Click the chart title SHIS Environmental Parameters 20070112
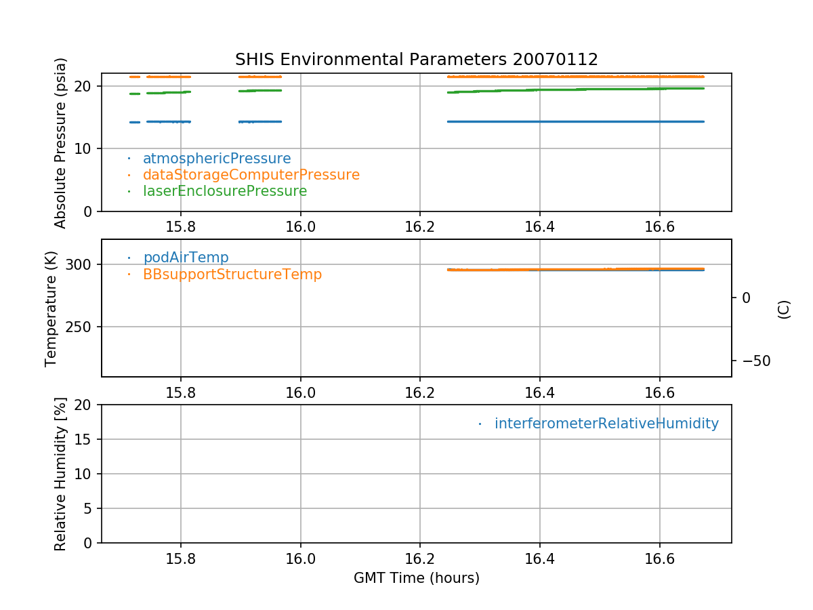click(416, 60)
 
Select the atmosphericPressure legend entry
click(216, 159)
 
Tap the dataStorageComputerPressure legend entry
click(251, 175)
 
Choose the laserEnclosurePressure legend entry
click(224, 191)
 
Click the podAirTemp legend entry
click(186, 258)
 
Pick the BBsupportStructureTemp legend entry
click(232, 274)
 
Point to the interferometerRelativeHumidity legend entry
click(606, 424)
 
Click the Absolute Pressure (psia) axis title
click(61, 143)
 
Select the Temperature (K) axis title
click(51, 308)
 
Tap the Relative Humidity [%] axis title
click(60, 474)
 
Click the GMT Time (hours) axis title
click(416, 578)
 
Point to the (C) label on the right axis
click(784, 309)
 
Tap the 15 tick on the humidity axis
click(86, 439)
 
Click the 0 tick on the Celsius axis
click(746, 298)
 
